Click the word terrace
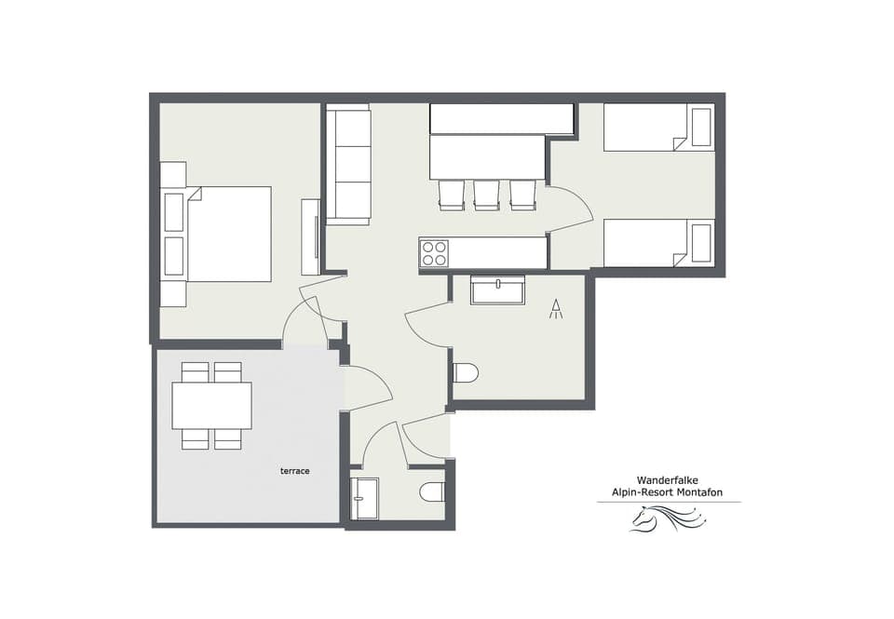[294, 471]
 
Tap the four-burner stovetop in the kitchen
[434, 253]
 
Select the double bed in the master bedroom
[228, 234]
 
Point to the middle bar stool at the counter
[486, 194]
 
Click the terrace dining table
[211, 405]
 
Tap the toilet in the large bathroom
[465, 373]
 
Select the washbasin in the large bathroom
[497, 289]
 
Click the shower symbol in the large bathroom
[556, 309]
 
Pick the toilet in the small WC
[432, 491]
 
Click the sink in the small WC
[365, 498]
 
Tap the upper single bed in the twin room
[658, 128]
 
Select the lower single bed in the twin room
[658, 243]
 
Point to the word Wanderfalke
[668, 480]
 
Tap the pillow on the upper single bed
[701, 127]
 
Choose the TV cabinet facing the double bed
[310, 236]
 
